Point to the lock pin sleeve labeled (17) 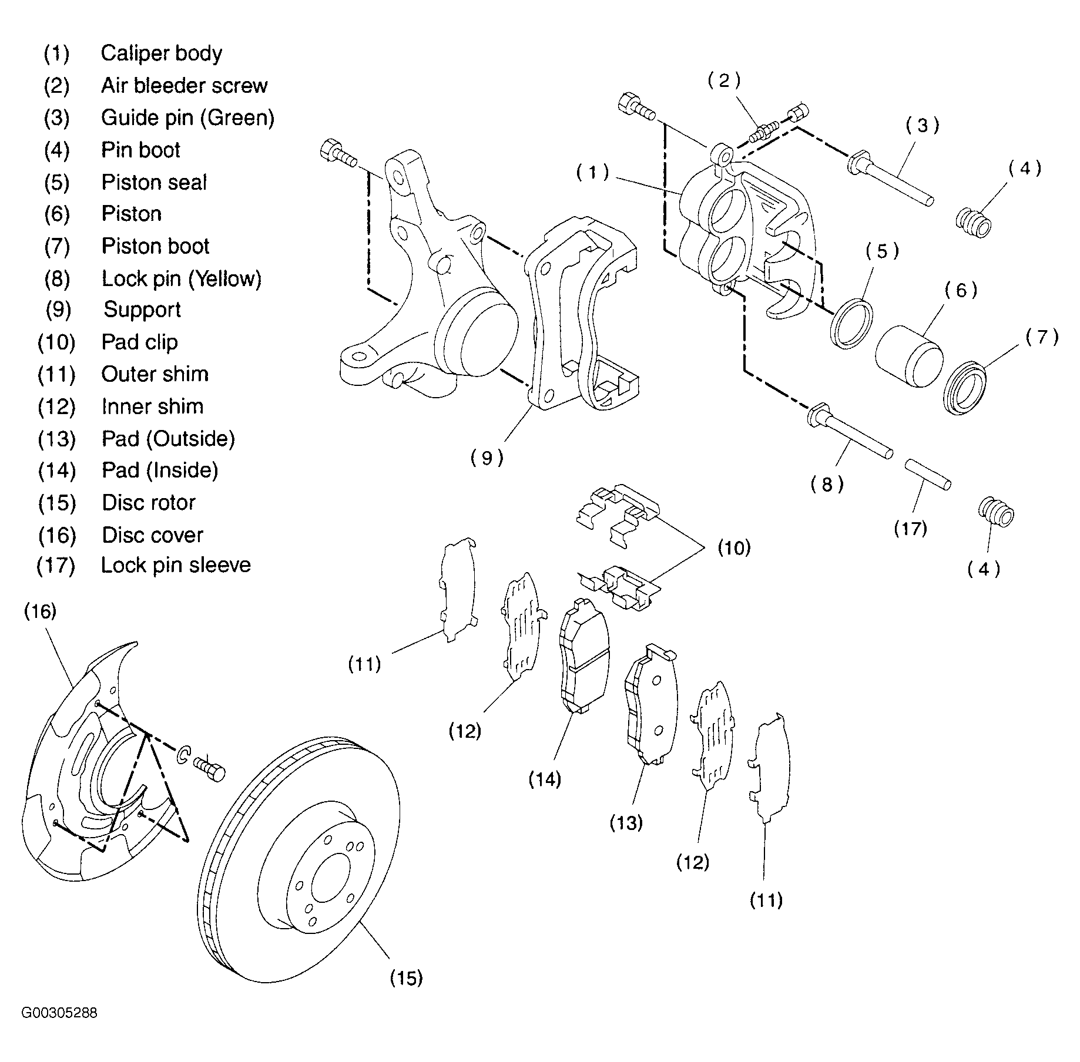(x=927, y=475)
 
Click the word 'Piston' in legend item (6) (x=132, y=214)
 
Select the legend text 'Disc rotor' (x=149, y=503)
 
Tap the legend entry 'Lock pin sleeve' (x=176, y=565)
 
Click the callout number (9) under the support (x=487, y=458)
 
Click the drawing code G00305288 (x=59, y=1013)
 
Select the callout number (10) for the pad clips (x=734, y=548)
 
